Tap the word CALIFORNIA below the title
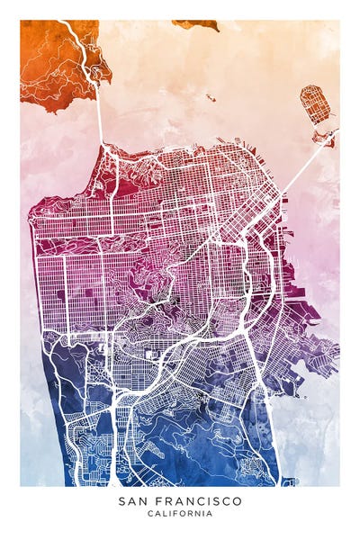[180, 514]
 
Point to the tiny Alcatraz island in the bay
[210, 97]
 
